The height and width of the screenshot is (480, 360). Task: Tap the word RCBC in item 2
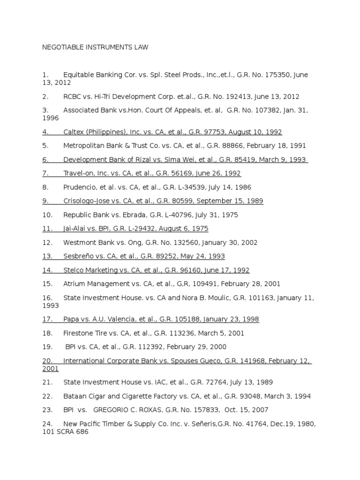click(x=73, y=97)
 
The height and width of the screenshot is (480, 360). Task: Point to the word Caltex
click(x=74, y=132)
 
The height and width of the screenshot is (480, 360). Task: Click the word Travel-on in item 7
click(x=79, y=173)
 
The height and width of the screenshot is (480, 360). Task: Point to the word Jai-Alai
click(x=75, y=229)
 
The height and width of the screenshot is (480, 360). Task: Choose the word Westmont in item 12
click(x=80, y=242)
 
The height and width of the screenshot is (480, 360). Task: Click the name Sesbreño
click(x=79, y=256)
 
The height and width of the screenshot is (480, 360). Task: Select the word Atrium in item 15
click(x=74, y=284)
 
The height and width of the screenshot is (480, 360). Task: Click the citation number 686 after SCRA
click(x=82, y=432)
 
